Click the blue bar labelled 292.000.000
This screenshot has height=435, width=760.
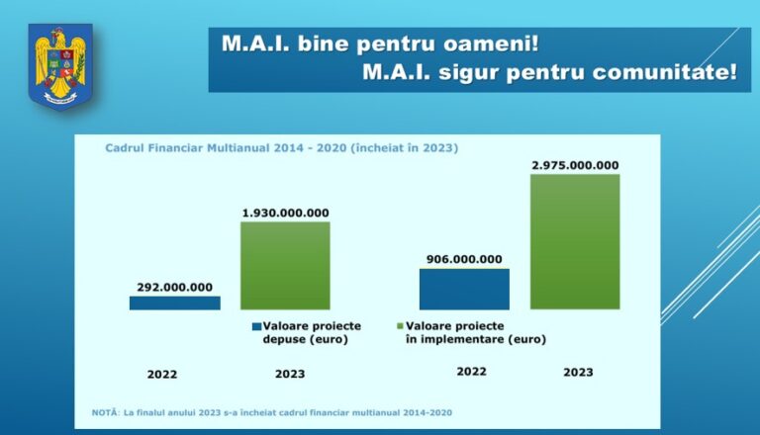pyautogui.click(x=174, y=303)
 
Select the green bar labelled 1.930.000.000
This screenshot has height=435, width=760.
pyautogui.click(x=285, y=265)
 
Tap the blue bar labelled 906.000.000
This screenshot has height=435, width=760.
pyautogui.click(x=464, y=289)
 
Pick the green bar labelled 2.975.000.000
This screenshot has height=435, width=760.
pyautogui.click(x=575, y=241)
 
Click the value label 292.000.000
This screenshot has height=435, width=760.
pyautogui.click(x=174, y=288)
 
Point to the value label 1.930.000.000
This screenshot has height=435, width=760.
pyautogui.click(x=285, y=213)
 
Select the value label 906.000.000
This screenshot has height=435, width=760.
pyautogui.click(x=464, y=259)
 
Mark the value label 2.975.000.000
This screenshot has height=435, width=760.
pyautogui.click(x=575, y=165)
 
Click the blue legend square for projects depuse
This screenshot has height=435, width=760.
pyautogui.click(x=255, y=325)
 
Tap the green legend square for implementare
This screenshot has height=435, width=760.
pyautogui.click(x=400, y=325)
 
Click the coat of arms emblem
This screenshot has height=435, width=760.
pyautogui.click(x=60, y=66)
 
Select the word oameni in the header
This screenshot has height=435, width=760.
pyautogui.click(x=498, y=45)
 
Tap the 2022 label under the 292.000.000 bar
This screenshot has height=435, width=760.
pyautogui.click(x=162, y=374)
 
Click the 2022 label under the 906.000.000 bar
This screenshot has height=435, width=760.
pyautogui.click(x=471, y=372)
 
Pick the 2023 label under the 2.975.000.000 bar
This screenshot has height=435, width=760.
pyautogui.click(x=578, y=373)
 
